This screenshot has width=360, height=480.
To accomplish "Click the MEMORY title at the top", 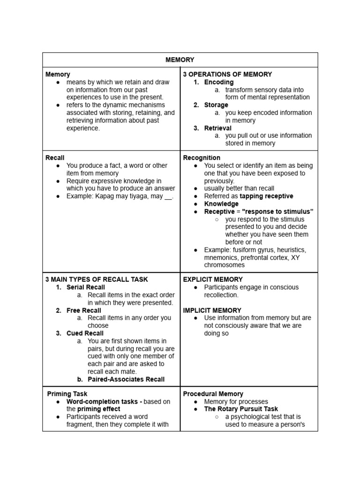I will click(180, 60).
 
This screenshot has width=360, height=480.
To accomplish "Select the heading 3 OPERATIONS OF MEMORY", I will click(227, 74).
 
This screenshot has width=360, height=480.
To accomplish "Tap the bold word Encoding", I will click(218, 82).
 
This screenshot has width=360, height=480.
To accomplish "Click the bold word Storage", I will click(216, 105).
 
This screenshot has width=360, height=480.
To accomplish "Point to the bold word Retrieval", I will click(217, 128).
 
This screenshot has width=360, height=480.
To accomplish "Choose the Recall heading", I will click(55, 157).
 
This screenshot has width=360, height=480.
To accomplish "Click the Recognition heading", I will click(202, 157).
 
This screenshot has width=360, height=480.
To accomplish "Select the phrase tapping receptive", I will click(266, 196).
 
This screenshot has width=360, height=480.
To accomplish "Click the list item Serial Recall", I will click(85, 287).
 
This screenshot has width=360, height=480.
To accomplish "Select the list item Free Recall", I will click(83, 310).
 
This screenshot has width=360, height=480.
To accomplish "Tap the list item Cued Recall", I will click(85, 333).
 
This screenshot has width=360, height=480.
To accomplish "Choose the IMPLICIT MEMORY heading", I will click(212, 310).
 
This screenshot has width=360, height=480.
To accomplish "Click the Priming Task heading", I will click(67, 394).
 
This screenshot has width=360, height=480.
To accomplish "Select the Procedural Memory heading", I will click(213, 394).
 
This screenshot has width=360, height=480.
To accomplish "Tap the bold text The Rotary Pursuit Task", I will click(241, 409).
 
